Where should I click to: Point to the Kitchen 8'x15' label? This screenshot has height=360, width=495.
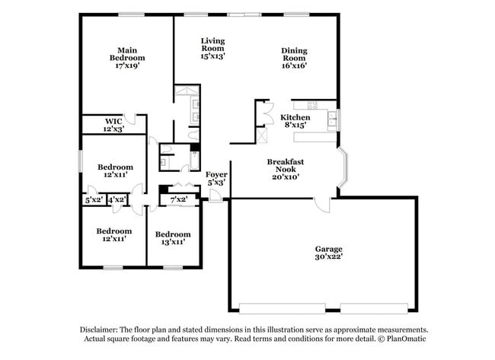(x=295, y=121)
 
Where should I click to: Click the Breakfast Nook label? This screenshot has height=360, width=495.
(x=286, y=168)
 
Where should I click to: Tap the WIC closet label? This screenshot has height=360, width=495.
(x=113, y=125)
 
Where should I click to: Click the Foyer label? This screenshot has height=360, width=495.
(x=216, y=178)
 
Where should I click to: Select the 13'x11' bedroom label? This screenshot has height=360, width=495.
(x=172, y=237)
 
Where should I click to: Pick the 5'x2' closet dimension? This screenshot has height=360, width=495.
(x=94, y=199)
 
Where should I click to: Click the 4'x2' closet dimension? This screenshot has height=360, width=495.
(x=117, y=199)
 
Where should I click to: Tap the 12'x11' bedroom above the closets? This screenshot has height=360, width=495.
(x=115, y=170)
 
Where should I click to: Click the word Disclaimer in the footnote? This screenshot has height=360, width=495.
(x=103, y=330)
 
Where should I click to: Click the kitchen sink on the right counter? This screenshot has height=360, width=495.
(x=333, y=117)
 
